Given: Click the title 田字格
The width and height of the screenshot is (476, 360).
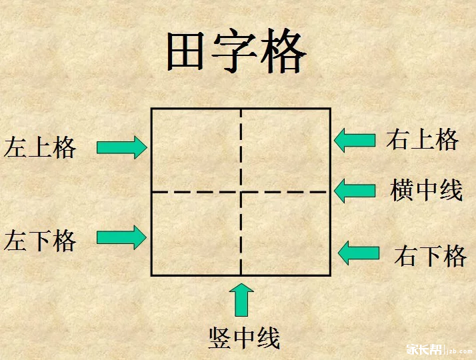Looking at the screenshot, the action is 236,51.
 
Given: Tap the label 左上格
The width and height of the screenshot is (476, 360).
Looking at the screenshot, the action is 40,147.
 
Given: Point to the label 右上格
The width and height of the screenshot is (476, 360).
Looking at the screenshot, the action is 422,139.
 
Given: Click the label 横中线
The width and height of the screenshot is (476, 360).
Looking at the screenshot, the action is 426,190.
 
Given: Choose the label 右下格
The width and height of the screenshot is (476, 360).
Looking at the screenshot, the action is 430,256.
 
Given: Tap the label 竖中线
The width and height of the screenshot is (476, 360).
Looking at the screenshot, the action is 244,338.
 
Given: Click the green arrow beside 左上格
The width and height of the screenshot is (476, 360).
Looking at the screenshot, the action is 122,147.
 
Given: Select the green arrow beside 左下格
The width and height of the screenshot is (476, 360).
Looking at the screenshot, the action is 121,237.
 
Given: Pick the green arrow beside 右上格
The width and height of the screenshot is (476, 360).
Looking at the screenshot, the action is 355,140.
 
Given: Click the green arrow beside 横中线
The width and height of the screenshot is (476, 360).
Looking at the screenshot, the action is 355,191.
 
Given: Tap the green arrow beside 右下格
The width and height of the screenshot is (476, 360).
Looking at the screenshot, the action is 359,253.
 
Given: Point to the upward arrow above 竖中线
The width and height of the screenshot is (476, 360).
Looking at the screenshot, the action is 241,300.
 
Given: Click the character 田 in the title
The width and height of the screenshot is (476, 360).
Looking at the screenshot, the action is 185,51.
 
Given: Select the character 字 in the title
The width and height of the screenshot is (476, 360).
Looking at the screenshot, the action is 235,51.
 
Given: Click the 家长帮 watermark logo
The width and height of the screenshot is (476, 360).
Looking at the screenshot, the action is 424,350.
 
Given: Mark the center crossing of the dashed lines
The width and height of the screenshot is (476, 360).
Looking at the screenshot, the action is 241,192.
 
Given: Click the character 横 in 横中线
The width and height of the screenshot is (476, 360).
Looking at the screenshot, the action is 401,190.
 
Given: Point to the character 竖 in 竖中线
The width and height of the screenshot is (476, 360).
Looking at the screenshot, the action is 219,338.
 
